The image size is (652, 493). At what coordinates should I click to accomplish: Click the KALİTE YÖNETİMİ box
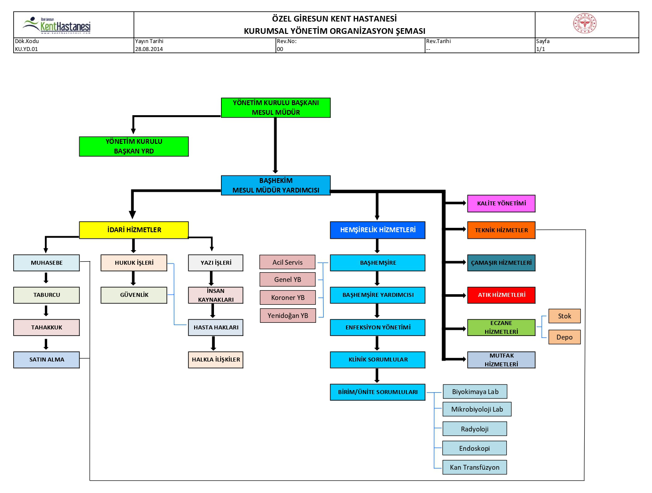click(x=501, y=203)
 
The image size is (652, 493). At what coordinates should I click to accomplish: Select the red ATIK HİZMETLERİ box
click(x=501, y=295)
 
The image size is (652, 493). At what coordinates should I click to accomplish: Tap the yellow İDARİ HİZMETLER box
click(x=134, y=230)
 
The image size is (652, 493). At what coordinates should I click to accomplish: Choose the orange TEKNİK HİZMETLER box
click(x=501, y=230)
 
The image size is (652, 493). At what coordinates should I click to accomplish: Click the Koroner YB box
click(x=287, y=297)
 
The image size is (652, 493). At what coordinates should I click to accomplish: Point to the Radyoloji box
click(x=474, y=429)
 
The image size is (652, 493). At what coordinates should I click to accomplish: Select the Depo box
click(x=564, y=337)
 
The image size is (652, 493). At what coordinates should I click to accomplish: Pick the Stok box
click(x=564, y=316)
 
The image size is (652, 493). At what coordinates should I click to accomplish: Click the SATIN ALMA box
click(x=46, y=359)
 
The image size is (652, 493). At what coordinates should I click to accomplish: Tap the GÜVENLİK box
click(x=134, y=295)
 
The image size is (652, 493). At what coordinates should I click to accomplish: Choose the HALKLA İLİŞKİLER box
click(x=216, y=359)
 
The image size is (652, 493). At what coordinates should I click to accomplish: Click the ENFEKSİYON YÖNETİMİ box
click(x=377, y=327)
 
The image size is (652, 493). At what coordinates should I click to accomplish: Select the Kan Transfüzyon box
click(x=474, y=467)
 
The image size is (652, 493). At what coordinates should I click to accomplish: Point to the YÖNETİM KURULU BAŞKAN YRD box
click(x=134, y=146)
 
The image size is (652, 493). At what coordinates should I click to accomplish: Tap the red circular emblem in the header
click(x=585, y=23)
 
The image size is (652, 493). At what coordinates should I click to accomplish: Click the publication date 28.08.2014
click(x=149, y=49)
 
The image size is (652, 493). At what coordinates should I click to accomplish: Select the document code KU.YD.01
click(x=26, y=49)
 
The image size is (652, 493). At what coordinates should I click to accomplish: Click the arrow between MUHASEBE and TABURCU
click(x=46, y=278)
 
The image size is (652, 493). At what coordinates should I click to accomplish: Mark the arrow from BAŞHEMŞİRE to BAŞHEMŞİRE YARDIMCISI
click(x=377, y=278)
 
